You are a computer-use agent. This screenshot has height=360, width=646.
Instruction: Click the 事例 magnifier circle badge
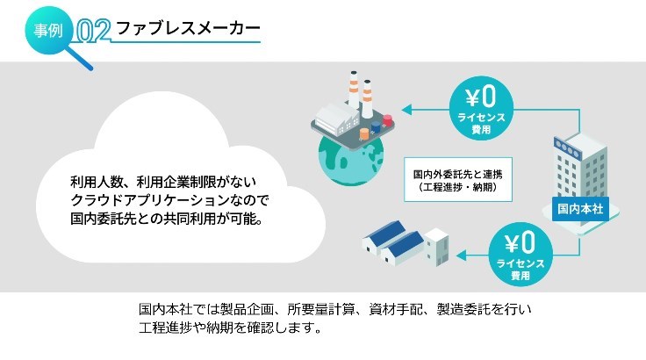[48, 30]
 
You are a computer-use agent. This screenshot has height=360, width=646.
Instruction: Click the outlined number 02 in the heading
[94, 31]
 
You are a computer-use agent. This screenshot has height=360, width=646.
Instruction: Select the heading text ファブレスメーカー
[189, 28]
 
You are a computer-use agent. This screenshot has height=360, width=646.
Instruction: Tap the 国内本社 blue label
[580, 209]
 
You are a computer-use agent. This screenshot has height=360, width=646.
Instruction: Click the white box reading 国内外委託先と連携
[457, 179]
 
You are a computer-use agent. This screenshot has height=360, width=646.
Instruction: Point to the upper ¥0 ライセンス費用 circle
[481, 109]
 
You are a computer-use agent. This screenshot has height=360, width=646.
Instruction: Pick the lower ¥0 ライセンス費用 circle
[520, 255]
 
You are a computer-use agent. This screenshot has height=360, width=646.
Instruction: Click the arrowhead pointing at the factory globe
[406, 110]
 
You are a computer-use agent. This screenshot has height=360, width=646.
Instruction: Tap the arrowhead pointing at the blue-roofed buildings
[461, 256]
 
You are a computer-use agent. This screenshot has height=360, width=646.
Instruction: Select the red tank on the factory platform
[387, 121]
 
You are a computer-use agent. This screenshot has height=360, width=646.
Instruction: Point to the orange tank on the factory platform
[364, 133]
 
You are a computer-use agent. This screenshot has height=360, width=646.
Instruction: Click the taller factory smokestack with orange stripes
[367, 99]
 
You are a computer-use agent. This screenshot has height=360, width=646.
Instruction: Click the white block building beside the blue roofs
[436, 246]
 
